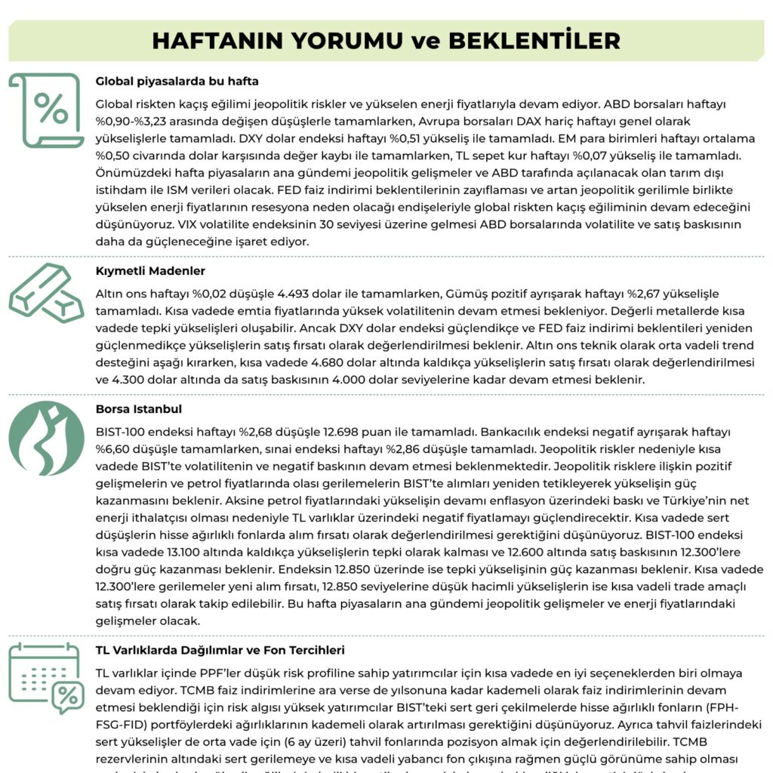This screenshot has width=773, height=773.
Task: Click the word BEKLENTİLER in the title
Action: coord(534,39)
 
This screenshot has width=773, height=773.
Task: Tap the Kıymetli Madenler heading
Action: coord(150,270)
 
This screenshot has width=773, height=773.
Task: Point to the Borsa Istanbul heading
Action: coord(139,409)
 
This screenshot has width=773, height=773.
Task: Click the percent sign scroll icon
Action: coord(46,110)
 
